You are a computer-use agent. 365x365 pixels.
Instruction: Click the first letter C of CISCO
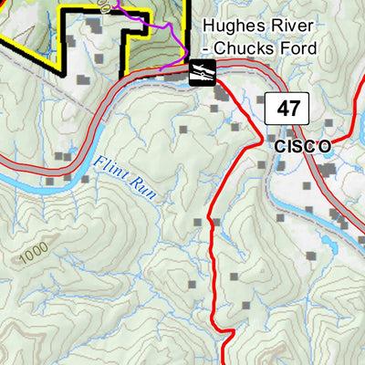(276, 145)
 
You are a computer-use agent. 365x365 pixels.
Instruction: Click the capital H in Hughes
(209, 26)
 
